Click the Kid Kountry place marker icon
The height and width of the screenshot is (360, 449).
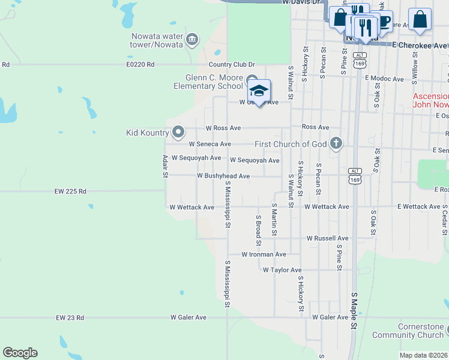click(x=178, y=131)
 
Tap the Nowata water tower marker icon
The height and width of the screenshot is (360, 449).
click(x=192, y=40)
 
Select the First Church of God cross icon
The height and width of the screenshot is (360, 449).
click(x=336, y=143)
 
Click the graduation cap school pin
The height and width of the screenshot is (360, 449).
click(x=259, y=91)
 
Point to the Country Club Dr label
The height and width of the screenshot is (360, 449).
click(x=232, y=65)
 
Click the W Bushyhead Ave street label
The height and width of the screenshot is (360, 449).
click(x=223, y=176)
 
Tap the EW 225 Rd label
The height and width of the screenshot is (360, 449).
click(x=70, y=191)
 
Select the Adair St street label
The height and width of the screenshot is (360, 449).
click(x=164, y=166)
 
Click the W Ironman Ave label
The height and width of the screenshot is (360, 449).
click(x=264, y=254)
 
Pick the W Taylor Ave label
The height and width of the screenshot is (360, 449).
click(x=282, y=270)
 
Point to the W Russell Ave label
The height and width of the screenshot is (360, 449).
click(x=327, y=238)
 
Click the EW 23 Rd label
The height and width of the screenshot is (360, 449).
click(x=70, y=317)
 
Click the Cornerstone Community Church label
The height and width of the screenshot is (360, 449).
click(x=408, y=331)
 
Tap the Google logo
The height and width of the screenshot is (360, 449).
click(x=20, y=353)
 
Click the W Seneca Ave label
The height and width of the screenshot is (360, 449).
click(x=209, y=144)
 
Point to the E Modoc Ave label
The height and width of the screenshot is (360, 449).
click(x=384, y=79)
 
